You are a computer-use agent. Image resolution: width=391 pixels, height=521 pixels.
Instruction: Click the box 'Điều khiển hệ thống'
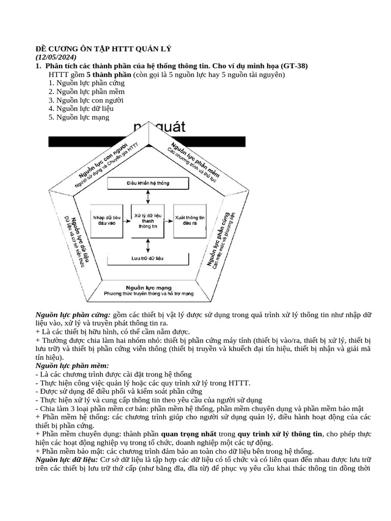(148, 183)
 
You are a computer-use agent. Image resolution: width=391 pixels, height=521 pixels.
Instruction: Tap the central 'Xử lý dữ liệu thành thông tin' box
(148, 220)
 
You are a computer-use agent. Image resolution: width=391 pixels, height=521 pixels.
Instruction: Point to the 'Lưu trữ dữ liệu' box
(148, 258)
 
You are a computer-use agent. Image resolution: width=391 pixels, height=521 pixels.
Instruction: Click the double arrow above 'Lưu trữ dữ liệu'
(148, 244)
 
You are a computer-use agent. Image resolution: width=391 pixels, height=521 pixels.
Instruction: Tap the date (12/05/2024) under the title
(56, 57)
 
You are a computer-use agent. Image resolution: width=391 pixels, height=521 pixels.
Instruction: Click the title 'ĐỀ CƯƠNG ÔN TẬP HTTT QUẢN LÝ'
(104, 49)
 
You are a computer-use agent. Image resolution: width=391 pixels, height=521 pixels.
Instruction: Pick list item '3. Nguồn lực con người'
(86, 100)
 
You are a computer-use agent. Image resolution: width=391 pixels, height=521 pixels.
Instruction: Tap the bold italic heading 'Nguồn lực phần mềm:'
(72, 365)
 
